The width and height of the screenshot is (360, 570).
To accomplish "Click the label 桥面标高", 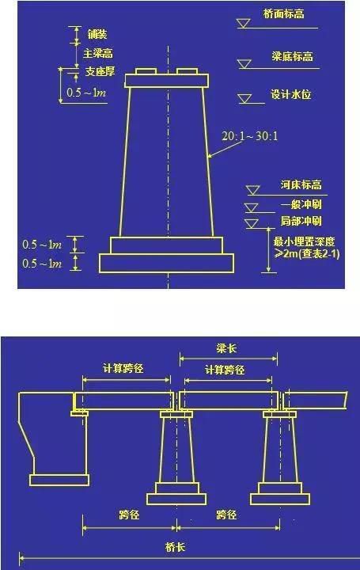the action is point(283,14).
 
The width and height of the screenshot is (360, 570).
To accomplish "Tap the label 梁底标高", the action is point(293,56).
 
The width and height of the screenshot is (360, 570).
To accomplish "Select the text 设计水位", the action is point(290,94).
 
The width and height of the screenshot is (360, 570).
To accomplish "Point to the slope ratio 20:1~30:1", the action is point(250,136).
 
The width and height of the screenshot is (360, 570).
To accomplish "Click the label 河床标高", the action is point(301,185).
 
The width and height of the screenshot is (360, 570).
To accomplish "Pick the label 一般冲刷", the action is point(301,204).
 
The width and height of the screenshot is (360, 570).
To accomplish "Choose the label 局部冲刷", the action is point(301,221).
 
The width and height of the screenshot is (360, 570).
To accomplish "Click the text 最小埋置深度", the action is point(304,241).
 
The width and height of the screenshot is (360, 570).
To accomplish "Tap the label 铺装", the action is point(97,35).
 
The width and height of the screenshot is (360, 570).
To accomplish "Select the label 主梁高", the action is point(98,54).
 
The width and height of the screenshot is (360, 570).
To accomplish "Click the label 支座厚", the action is point(100,71).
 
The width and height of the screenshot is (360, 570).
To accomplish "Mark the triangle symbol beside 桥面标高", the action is point(244,24).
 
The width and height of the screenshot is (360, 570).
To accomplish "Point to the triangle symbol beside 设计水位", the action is point(244,99).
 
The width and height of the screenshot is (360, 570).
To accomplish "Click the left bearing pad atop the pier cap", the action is point(146,71).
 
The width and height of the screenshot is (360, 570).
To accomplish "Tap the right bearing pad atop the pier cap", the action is point(187,71).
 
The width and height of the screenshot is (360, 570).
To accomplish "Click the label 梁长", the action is point(226,348).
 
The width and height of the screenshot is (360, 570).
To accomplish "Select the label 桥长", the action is point(176,547).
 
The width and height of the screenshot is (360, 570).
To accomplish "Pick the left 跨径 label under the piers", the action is point(129,515).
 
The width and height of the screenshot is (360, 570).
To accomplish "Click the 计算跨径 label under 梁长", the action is point(225,370).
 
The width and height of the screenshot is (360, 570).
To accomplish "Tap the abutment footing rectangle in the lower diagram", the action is point(59,480).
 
